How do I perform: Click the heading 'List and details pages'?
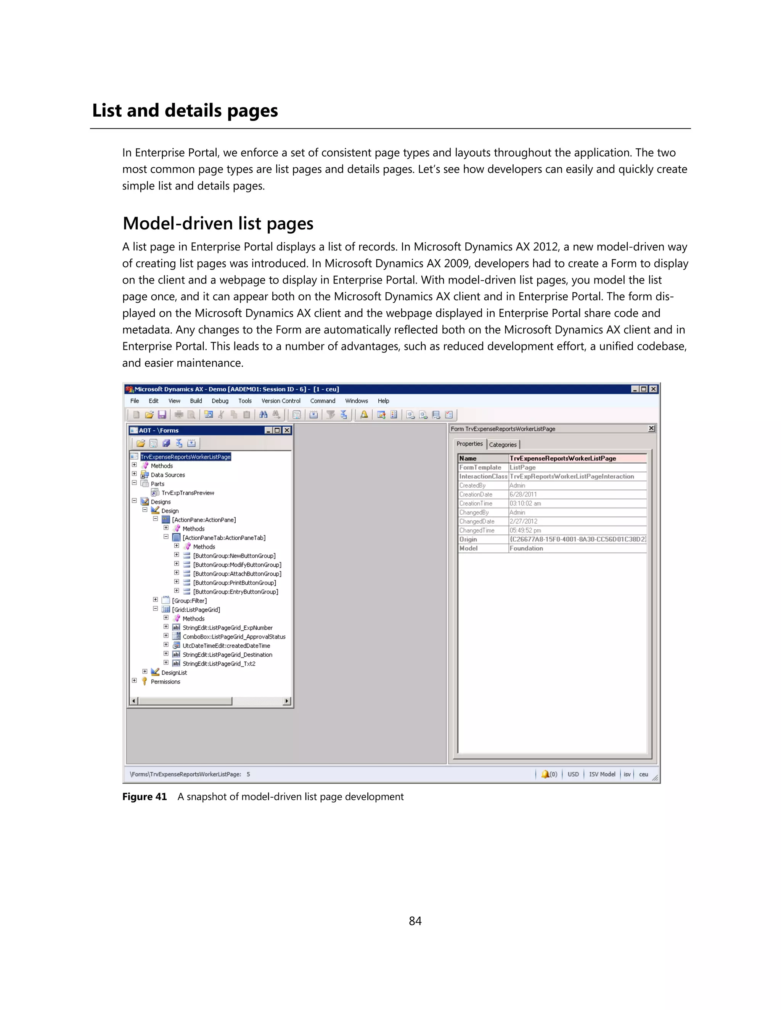(x=185, y=111)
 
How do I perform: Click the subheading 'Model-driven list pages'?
(x=218, y=223)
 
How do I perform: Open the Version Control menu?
(x=280, y=401)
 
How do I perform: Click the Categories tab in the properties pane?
(x=503, y=444)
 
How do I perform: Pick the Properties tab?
(x=469, y=444)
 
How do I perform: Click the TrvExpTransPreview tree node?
(x=187, y=493)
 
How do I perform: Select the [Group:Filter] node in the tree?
(x=189, y=601)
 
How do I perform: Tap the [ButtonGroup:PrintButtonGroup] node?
(x=234, y=583)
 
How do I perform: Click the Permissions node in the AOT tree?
(x=165, y=682)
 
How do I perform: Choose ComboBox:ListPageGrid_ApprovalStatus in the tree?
(x=234, y=637)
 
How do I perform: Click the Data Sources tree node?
(x=167, y=475)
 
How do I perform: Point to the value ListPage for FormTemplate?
(x=522, y=468)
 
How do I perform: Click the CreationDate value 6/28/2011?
(x=523, y=494)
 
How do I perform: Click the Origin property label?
(x=468, y=539)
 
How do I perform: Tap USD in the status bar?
(x=573, y=774)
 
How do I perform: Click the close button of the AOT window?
(x=287, y=430)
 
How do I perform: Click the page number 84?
(x=415, y=921)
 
